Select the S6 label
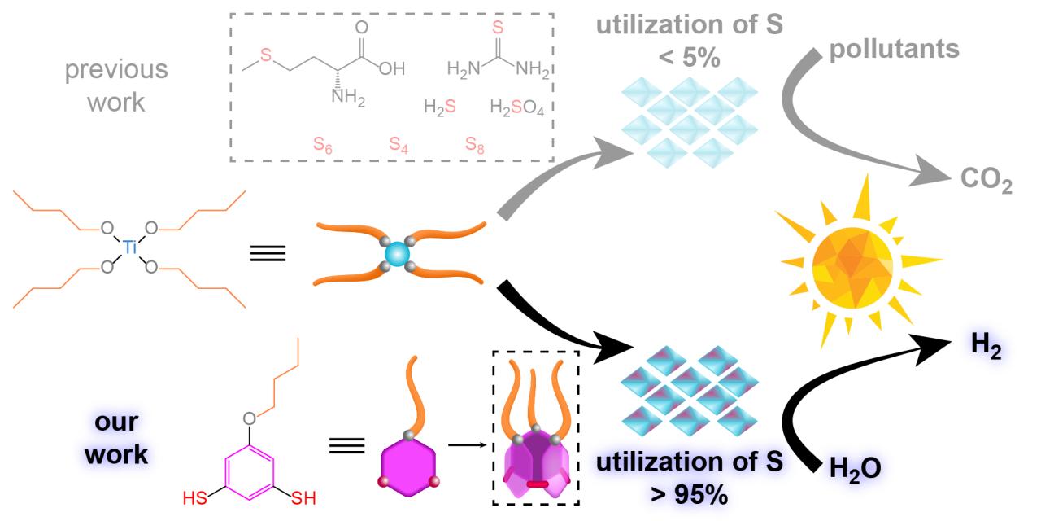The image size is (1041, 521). click(324, 146)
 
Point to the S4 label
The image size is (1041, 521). click(399, 146)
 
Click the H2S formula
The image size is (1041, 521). click(440, 107)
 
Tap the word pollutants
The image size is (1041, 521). click(894, 49)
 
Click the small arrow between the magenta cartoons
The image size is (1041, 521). click(464, 445)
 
